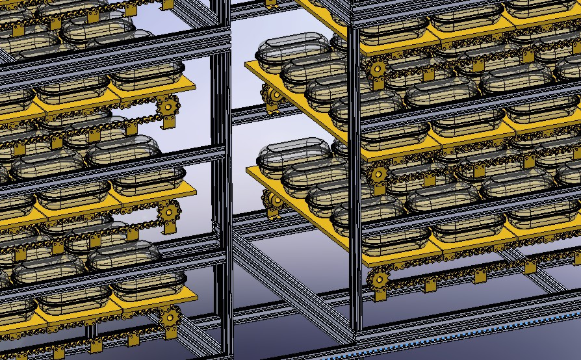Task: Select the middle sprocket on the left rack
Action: [170, 212]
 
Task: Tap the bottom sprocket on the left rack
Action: [170, 318]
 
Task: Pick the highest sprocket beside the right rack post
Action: [377, 67]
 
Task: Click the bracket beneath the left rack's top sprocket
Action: [170, 121]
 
